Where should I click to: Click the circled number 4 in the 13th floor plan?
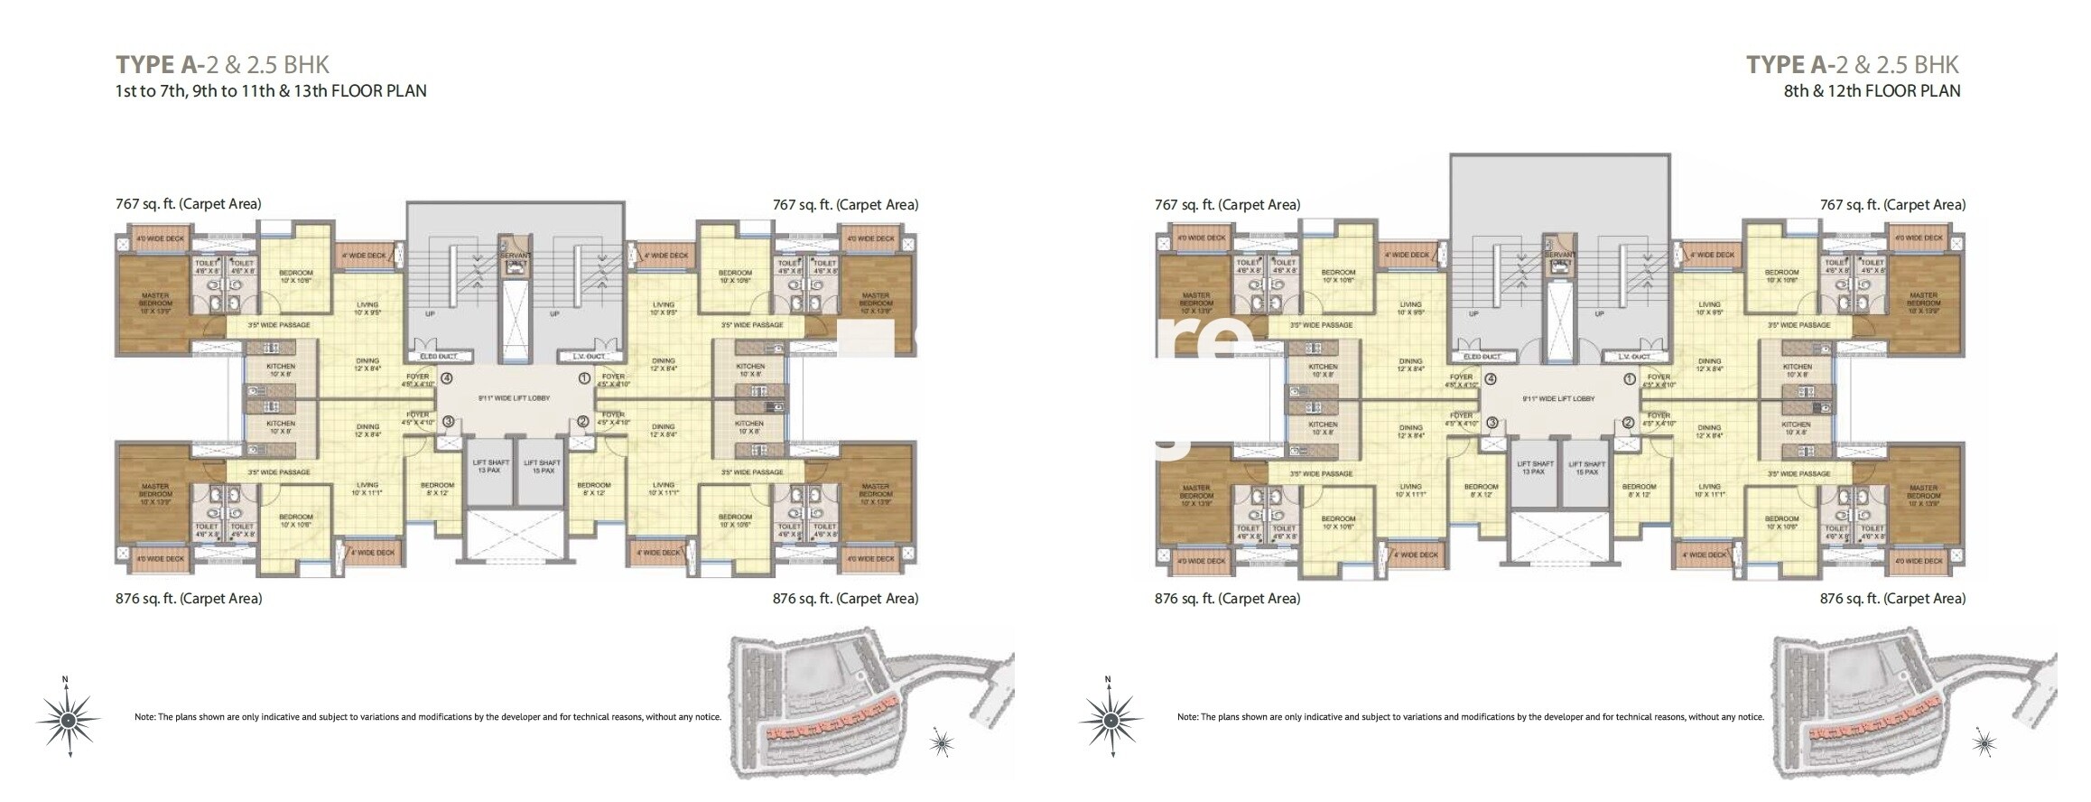point(446,378)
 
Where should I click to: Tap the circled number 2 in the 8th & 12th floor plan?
point(1629,422)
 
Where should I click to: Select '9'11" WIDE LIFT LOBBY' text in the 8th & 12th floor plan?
point(1558,398)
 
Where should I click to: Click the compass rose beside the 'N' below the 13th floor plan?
point(68,720)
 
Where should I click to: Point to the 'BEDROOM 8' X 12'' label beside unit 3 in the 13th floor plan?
point(438,489)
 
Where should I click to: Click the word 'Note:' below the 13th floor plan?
point(145,717)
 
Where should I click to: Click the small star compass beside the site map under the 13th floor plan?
point(942,743)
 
